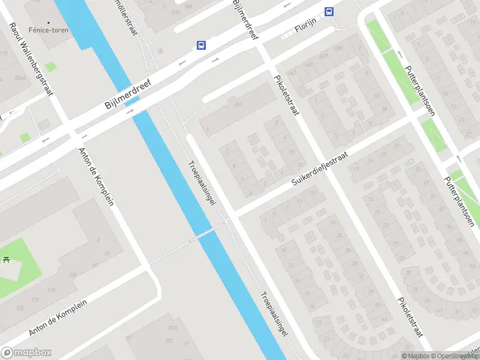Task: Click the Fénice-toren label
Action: pos(52,30)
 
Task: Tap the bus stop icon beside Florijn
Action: pos(329,11)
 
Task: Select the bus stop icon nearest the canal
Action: pos(200,45)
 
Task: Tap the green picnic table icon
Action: pos(6,259)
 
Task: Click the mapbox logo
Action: pos(26,352)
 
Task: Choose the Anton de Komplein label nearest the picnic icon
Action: pos(58,318)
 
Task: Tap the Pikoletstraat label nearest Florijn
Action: pos(287,96)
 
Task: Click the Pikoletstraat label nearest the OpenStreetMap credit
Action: pos(410,319)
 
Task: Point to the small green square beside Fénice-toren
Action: pos(51,67)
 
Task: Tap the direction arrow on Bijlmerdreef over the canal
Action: pos(130,111)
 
